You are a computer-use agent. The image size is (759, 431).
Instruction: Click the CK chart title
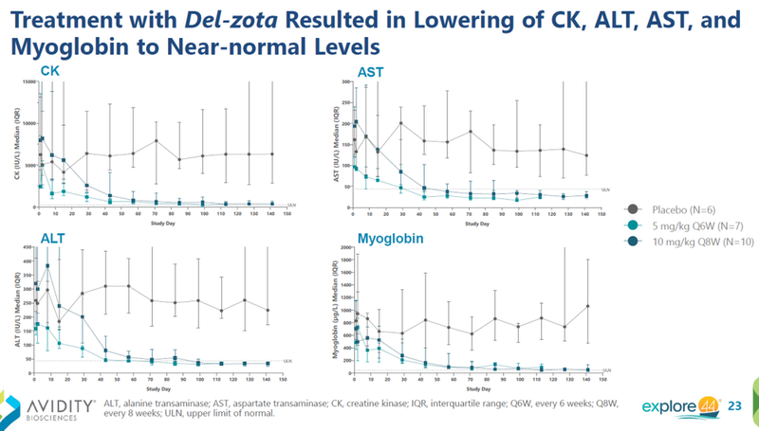click(49, 71)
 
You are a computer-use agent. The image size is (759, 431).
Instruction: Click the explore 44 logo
click(676, 406)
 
